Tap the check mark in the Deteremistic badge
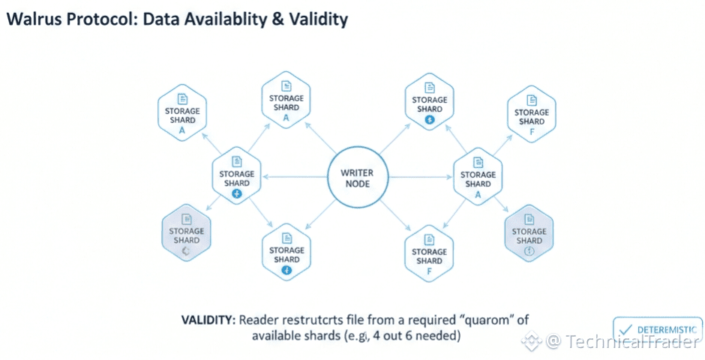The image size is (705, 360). (x=625, y=329)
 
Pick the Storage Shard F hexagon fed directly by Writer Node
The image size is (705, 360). (x=429, y=256)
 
